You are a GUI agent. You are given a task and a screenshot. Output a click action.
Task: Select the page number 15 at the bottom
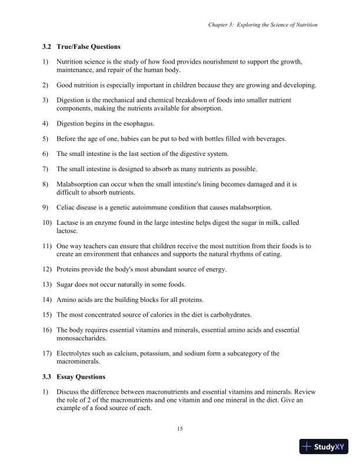pos(180,428)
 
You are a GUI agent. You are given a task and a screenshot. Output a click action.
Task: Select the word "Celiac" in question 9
pos(66,207)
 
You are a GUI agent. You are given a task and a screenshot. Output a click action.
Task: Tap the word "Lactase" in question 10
pos(68,222)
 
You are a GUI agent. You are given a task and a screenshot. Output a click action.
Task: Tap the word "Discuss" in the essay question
pos(68,391)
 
